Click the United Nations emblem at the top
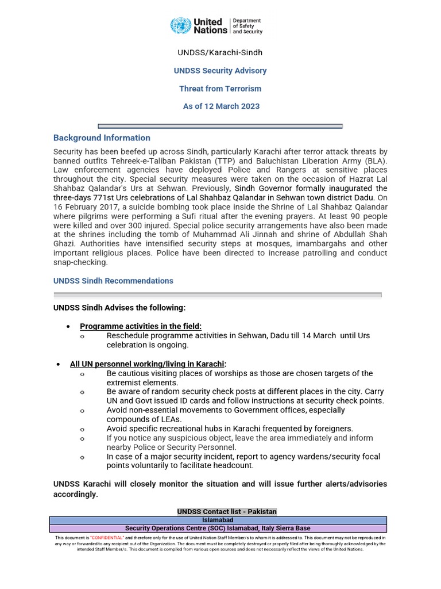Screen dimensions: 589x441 (181, 26)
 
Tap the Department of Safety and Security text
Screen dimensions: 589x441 (247, 26)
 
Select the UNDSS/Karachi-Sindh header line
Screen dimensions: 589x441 (220, 53)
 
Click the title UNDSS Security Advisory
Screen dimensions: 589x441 (220, 71)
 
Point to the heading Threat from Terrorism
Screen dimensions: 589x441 (220, 89)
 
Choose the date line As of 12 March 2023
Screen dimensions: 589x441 (221, 106)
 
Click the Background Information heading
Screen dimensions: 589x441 (102, 138)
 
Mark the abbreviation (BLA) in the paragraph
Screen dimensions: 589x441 (374, 160)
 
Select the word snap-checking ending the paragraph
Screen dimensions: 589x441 (80, 263)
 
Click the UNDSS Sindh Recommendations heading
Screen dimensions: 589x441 (113, 281)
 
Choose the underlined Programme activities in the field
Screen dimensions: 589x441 (141, 326)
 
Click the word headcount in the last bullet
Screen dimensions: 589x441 (233, 466)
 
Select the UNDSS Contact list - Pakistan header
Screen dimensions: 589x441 (227, 512)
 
